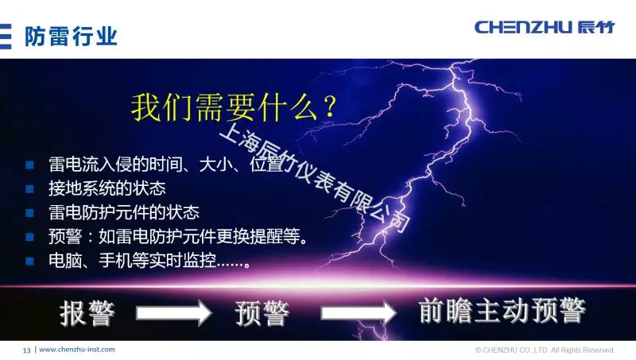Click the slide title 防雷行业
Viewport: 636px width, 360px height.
(71, 36)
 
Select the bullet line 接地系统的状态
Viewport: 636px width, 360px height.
(107, 189)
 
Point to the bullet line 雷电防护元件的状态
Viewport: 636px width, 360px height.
(123, 213)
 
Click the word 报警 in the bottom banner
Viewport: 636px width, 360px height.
(87, 312)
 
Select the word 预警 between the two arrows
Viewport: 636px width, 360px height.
(262, 312)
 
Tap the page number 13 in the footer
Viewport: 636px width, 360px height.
(26, 350)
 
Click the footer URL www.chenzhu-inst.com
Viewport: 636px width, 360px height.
(77, 350)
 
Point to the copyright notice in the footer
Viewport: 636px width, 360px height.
(545, 350)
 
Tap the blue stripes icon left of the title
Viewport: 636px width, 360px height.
(6, 36)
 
